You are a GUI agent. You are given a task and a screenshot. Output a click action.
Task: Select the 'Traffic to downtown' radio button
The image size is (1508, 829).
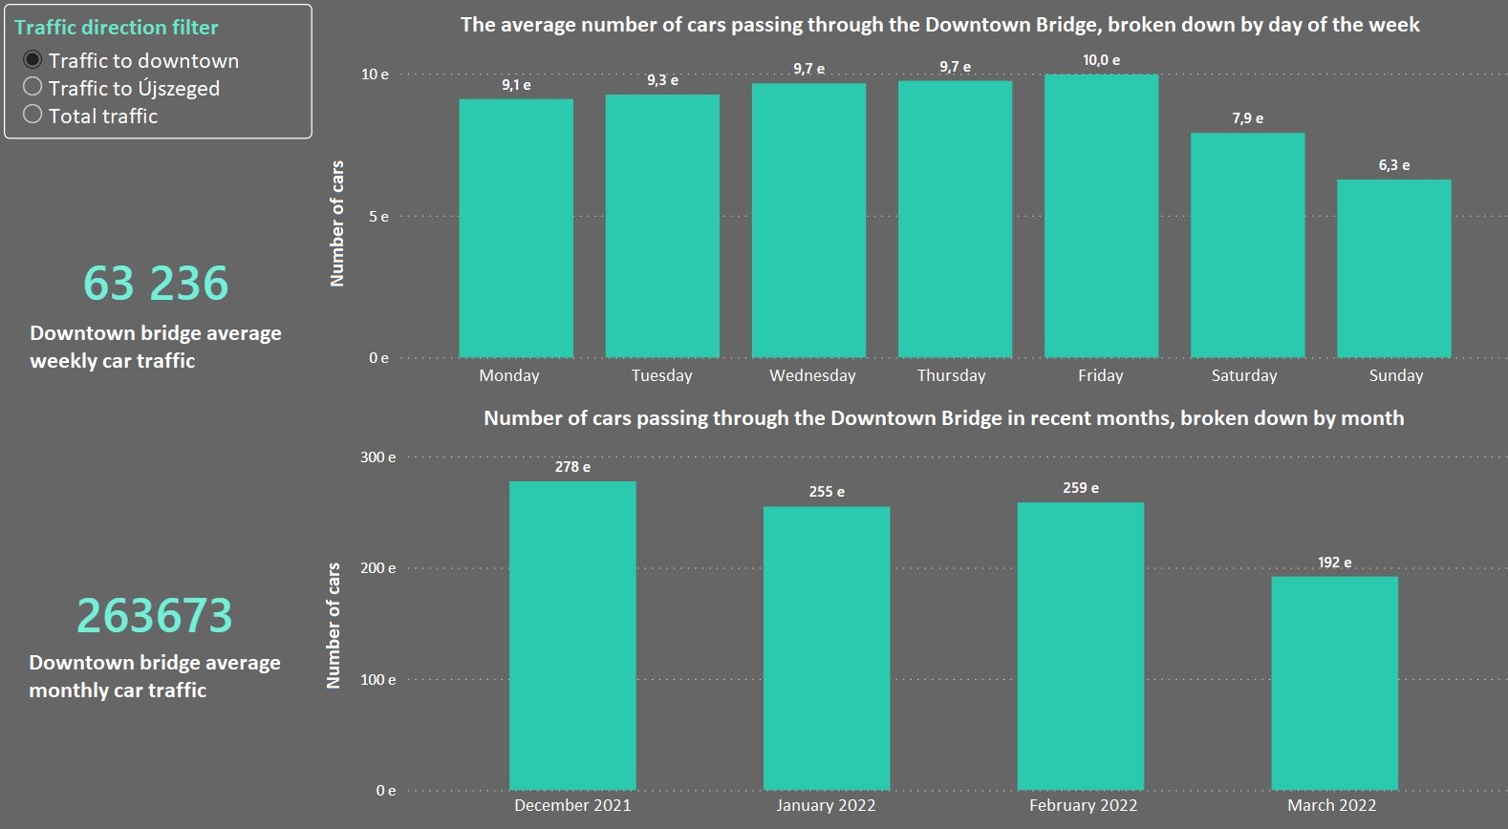tap(32, 60)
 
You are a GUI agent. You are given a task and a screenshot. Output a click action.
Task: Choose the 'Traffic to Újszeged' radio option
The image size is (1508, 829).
tap(32, 87)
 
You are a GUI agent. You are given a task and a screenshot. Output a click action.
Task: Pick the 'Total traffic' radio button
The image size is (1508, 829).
tap(32, 115)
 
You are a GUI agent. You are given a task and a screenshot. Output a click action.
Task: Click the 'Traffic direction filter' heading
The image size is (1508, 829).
tap(116, 27)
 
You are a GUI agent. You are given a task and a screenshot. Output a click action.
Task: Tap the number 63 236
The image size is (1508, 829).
tap(156, 283)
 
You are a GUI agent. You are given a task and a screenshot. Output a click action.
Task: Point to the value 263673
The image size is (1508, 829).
tap(155, 615)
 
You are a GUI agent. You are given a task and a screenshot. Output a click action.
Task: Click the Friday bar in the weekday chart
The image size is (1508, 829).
tap(1101, 216)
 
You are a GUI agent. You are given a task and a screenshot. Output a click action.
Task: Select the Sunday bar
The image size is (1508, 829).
tap(1393, 268)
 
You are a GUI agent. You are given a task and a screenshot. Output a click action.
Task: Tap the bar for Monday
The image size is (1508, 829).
tap(516, 228)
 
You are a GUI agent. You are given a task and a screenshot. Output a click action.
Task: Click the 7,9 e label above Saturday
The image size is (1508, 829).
tap(1247, 118)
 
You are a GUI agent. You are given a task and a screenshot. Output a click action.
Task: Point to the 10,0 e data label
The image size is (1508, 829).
tap(1101, 60)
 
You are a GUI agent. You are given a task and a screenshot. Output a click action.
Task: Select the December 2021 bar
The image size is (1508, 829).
tap(572, 635)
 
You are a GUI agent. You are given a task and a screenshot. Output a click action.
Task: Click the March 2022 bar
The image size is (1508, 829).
tap(1334, 683)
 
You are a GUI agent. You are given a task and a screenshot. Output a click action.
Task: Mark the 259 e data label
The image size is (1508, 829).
tap(1080, 488)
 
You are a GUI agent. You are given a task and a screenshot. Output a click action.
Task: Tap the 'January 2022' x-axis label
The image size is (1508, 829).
tap(826, 805)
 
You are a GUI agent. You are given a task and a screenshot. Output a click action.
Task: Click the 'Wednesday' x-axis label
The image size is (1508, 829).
tap(812, 375)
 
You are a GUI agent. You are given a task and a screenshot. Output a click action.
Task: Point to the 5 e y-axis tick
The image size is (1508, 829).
tap(378, 217)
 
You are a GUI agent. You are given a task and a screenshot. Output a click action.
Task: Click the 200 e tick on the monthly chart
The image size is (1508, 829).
tap(377, 568)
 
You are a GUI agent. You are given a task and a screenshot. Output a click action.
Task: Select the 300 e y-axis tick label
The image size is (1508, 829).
tap(377, 457)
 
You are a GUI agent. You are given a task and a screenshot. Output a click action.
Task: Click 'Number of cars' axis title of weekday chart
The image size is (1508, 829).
tap(336, 223)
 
